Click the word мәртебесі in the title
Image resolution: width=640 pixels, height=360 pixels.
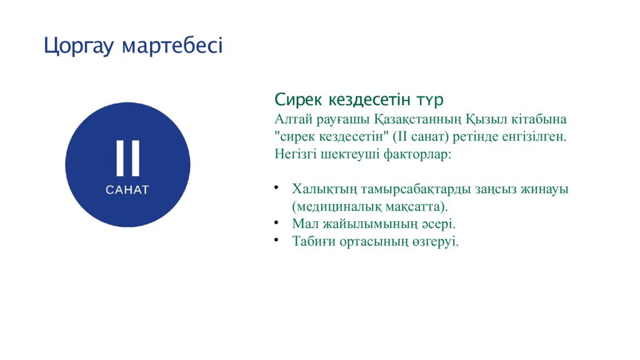(x=172, y=46)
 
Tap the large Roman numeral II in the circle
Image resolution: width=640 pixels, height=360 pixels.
(x=127, y=158)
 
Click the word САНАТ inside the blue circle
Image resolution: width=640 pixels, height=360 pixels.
(x=127, y=190)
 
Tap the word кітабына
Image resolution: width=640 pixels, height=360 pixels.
(x=537, y=119)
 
